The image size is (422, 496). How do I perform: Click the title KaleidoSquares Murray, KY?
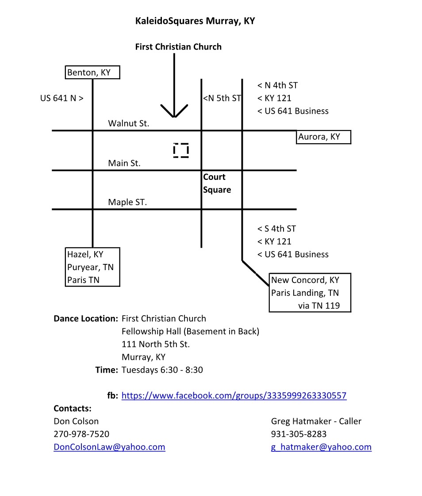(x=195, y=21)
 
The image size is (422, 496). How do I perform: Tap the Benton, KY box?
(x=93, y=72)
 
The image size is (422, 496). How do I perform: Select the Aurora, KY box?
(x=323, y=137)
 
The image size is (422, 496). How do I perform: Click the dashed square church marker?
(x=181, y=151)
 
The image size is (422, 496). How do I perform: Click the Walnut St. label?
(x=129, y=124)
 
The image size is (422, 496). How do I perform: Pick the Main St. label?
(x=124, y=163)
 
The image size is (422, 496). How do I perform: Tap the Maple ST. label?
(x=127, y=202)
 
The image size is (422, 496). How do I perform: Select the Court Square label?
(x=217, y=183)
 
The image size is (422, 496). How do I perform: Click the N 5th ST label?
(x=222, y=98)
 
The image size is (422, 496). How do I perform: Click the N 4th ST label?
(x=277, y=85)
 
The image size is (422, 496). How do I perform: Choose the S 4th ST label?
(x=276, y=229)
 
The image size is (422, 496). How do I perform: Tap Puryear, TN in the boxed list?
(x=90, y=267)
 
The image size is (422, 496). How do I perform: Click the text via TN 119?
(x=319, y=305)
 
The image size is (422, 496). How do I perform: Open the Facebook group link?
(x=234, y=396)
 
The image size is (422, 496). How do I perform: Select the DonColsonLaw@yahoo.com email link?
(x=109, y=447)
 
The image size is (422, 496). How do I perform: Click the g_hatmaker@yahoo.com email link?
(x=321, y=447)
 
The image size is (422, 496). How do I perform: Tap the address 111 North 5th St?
(x=155, y=344)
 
